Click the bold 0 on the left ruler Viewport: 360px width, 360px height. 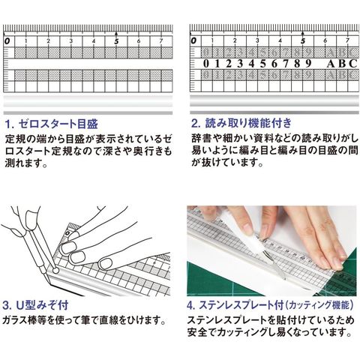pos(7,41)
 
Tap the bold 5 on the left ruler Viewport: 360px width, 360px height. pos(116,41)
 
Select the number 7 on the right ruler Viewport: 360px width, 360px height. pos(347,40)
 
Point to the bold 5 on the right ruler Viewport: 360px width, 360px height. pos(303,41)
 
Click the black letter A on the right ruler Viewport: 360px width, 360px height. pos(331,64)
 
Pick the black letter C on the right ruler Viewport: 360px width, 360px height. pos(353,64)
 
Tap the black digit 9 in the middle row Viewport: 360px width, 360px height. pos(308,64)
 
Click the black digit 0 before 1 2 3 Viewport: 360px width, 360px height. pos(205,64)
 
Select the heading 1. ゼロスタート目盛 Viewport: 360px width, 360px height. pos(52,124)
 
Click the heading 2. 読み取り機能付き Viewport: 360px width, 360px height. pos(241,123)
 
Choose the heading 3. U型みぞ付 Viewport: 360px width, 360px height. pos(35,305)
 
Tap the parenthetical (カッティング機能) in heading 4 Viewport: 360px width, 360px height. pos(319,305)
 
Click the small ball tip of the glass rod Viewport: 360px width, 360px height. pos(55,271)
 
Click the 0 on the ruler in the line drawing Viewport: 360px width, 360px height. pos(67,233)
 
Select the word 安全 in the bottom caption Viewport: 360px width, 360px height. pos(197,332)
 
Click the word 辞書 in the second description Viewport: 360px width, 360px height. pos(201,138)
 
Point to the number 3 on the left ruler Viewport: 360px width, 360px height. pos(71,41)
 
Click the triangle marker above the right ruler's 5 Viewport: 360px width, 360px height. pos(303,33)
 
